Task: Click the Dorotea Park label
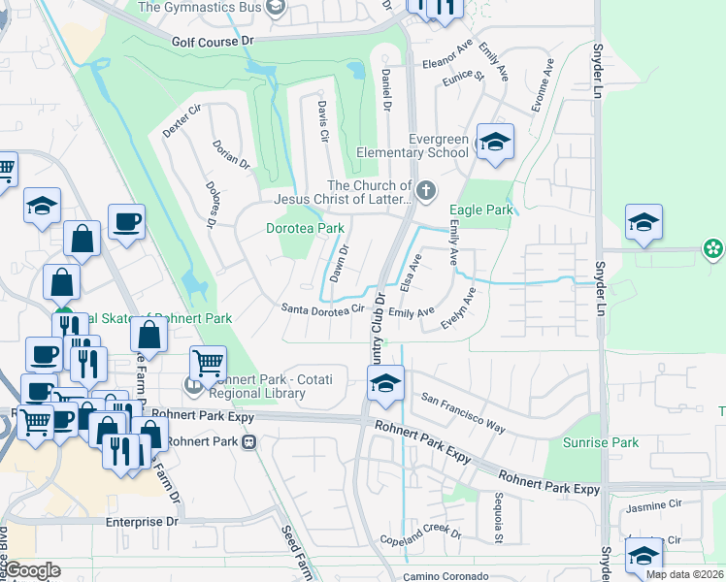pyautogui.click(x=305, y=229)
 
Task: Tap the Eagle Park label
pyautogui.click(x=480, y=210)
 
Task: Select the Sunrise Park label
pyautogui.click(x=606, y=442)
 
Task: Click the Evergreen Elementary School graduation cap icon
pyautogui.click(x=495, y=144)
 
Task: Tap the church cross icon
pyautogui.click(x=425, y=187)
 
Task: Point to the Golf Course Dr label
pyautogui.click(x=212, y=42)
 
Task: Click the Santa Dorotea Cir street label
pyautogui.click(x=321, y=309)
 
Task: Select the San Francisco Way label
pyautogui.click(x=464, y=412)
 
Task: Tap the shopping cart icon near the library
pyautogui.click(x=208, y=364)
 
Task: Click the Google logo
pyautogui.click(x=32, y=570)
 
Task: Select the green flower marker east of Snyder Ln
pyautogui.click(x=713, y=249)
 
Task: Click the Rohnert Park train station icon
pyautogui.click(x=249, y=441)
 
